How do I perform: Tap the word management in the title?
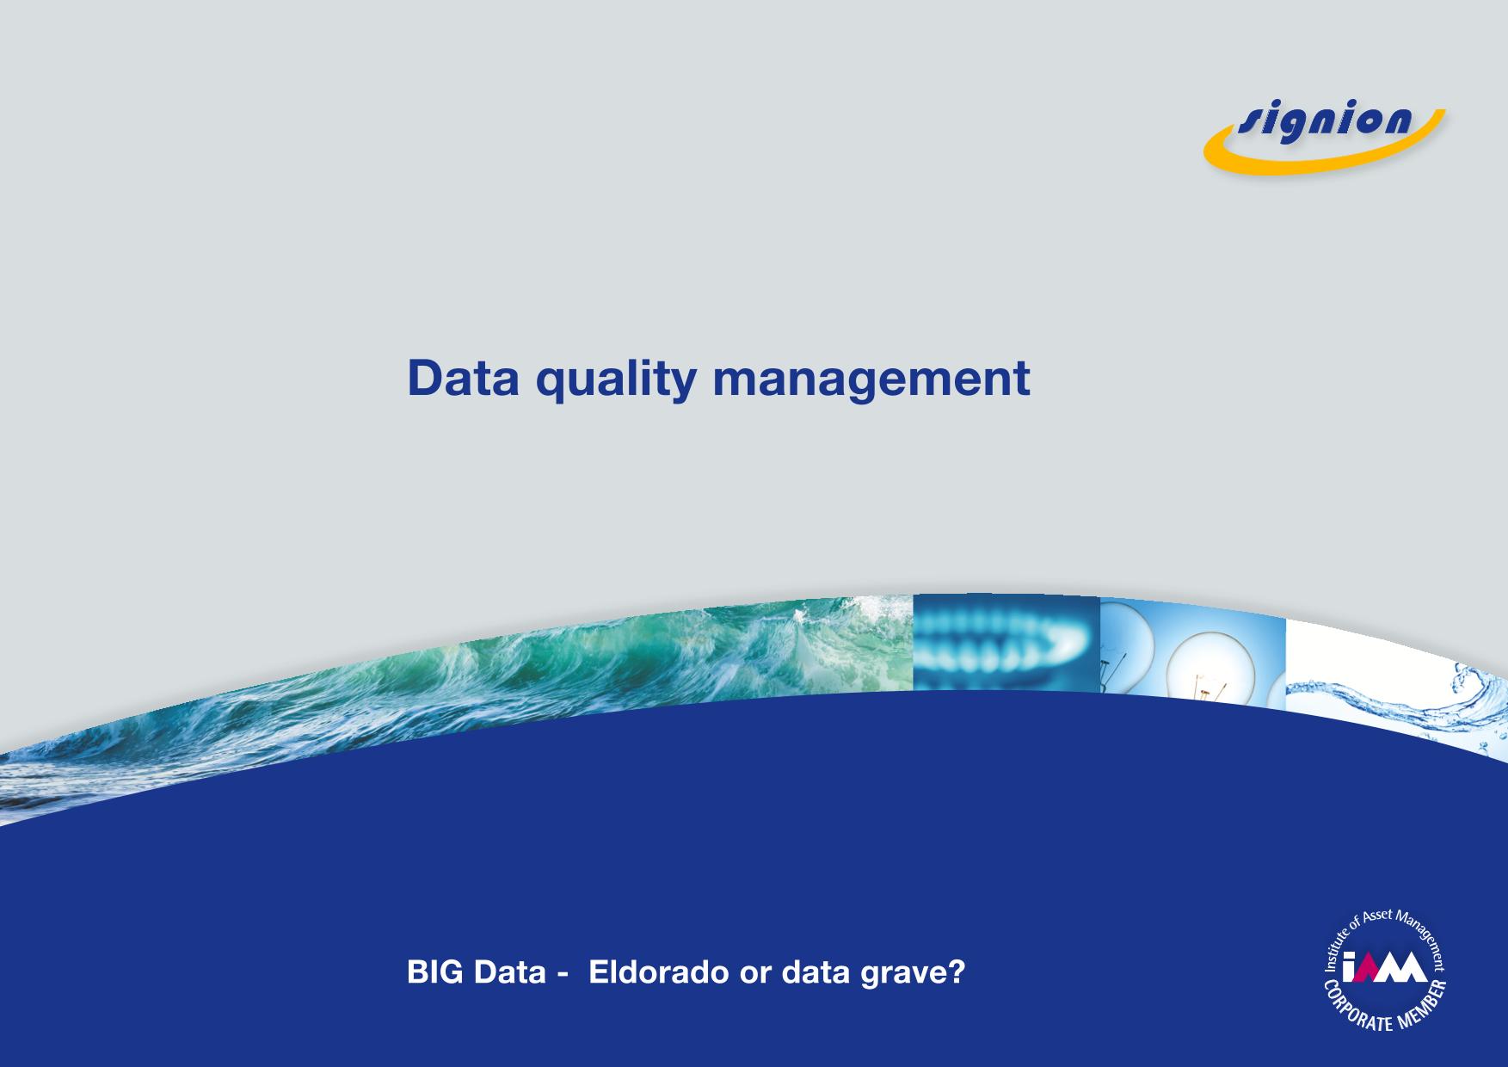click(x=871, y=381)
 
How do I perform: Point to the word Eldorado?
click(x=658, y=972)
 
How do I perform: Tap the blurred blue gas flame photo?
click(x=1006, y=642)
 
